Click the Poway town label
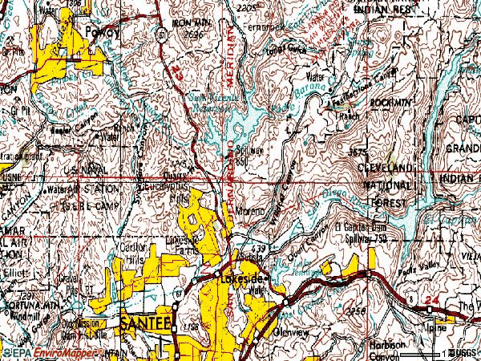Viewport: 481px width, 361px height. (x=107, y=33)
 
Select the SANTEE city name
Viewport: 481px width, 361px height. (x=147, y=323)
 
